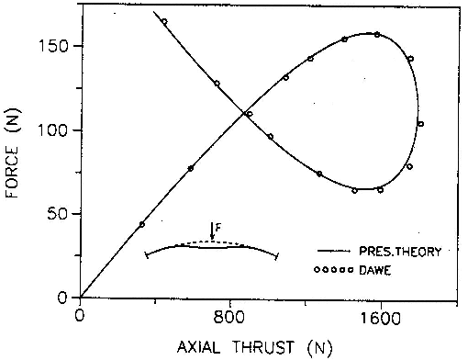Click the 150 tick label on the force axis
click(x=52, y=47)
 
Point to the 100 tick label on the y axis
click(x=52, y=130)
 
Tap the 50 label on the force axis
click(x=57, y=214)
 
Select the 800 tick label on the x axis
click(x=229, y=319)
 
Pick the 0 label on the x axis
click(x=80, y=315)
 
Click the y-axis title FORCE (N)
click(x=12, y=153)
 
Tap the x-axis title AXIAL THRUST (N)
click(x=254, y=348)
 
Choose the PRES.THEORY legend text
click(x=400, y=252)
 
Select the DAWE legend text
click(x=375, y=270)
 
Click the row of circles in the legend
click(x=334, y=270)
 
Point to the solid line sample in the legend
click(x=333, y=251)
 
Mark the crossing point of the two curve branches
click(x=244, y=114)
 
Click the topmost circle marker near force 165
click(x=164, y=21)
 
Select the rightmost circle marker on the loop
click(x=421, y=124)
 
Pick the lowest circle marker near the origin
click(x=141, y=224)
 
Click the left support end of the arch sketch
click(x=146, y=254)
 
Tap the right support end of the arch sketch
click(x=276, y=256)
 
